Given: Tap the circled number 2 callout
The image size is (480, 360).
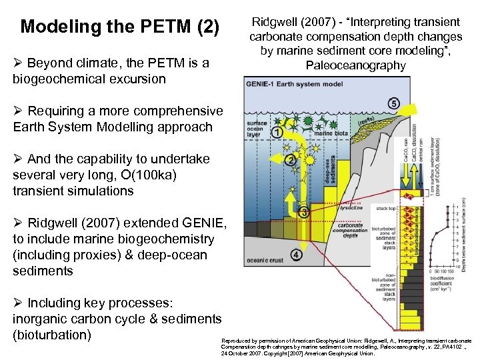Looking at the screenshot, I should (x=290, y=160).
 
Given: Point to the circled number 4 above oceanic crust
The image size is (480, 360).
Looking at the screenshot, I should (x=296, y=255).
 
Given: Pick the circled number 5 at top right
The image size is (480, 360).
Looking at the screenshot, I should (x=393, y=104).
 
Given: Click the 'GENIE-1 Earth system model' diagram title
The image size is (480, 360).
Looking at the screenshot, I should (x=285, y=85).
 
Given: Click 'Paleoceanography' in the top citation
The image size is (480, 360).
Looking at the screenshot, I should (x=355, y=65).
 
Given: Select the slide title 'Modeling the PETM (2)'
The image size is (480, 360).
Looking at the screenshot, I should (x=119, y=27).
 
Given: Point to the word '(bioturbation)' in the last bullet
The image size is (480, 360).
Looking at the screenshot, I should (x=52, y=333).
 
